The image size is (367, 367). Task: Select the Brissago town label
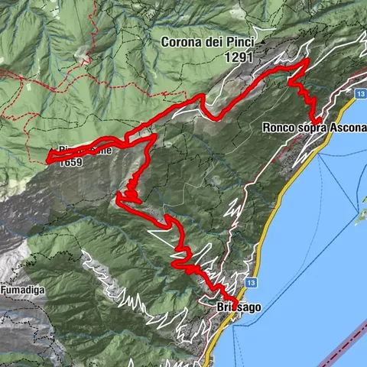(x=239, y=307)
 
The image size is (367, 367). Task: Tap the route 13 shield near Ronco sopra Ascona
(x=359, y=93)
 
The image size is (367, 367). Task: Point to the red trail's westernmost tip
(x=49, y=159)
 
